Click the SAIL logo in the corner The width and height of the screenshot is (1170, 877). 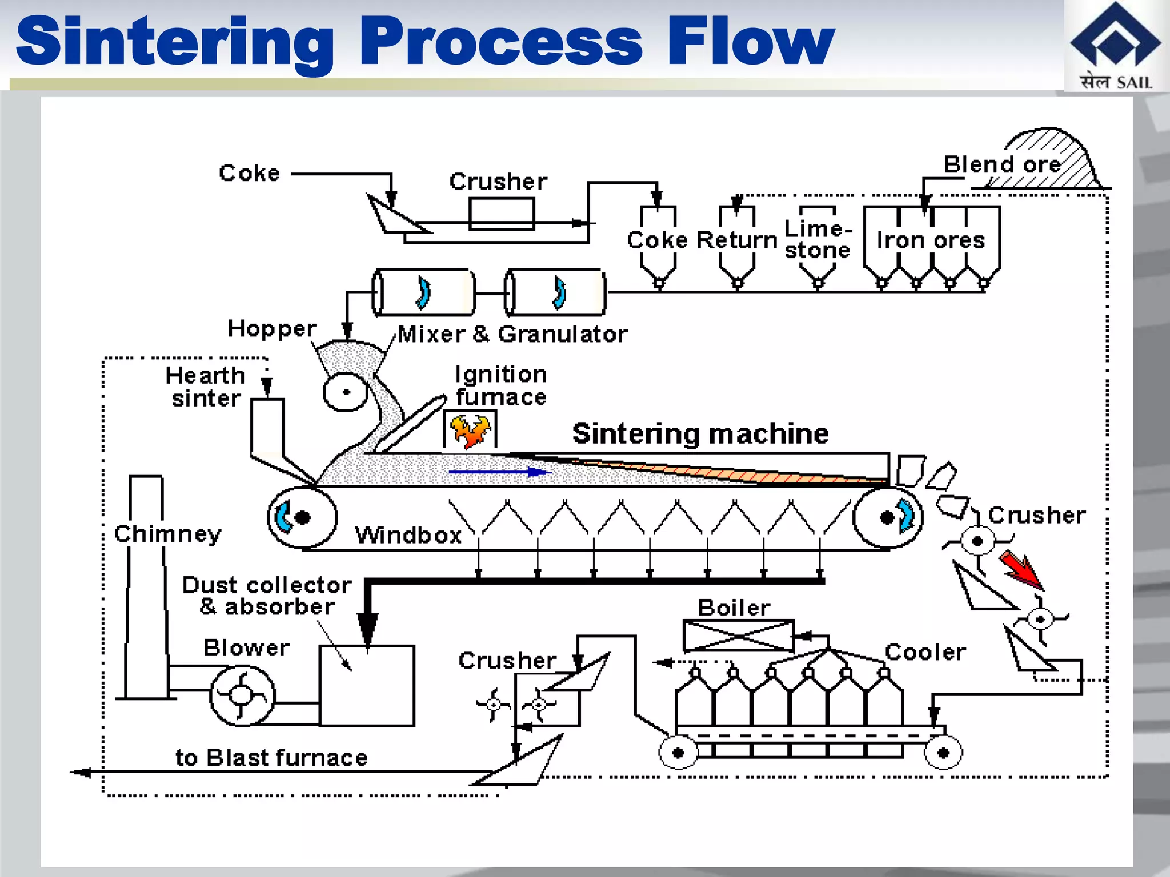click(x=1115, y=46)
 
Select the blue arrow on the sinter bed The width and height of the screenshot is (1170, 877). click(x=499, y=472)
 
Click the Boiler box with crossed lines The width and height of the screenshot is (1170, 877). click(x=738, y=635)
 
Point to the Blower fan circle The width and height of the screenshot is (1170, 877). click(x=242, y=695)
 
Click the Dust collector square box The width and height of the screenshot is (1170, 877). click(x=367, y=685)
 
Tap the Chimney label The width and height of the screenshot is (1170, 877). click(x=167, y=534)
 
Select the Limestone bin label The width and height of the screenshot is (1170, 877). click(x=818, y=239)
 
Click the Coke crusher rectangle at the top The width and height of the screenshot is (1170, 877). click(x=502, y=214)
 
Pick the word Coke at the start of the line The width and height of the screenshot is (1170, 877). click(x=249, y=173)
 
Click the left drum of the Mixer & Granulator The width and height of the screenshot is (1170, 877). click(x=423, y=292)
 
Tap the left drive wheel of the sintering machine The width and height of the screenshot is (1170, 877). click(x=302, y=517)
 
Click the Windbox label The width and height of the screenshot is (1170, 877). click(x=408, y=536)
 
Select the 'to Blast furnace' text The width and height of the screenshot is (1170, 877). click(x=271, y=758)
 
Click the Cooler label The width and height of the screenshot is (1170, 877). click(x=925, y=652)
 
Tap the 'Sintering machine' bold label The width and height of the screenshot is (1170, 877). click(x=700, y=433)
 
